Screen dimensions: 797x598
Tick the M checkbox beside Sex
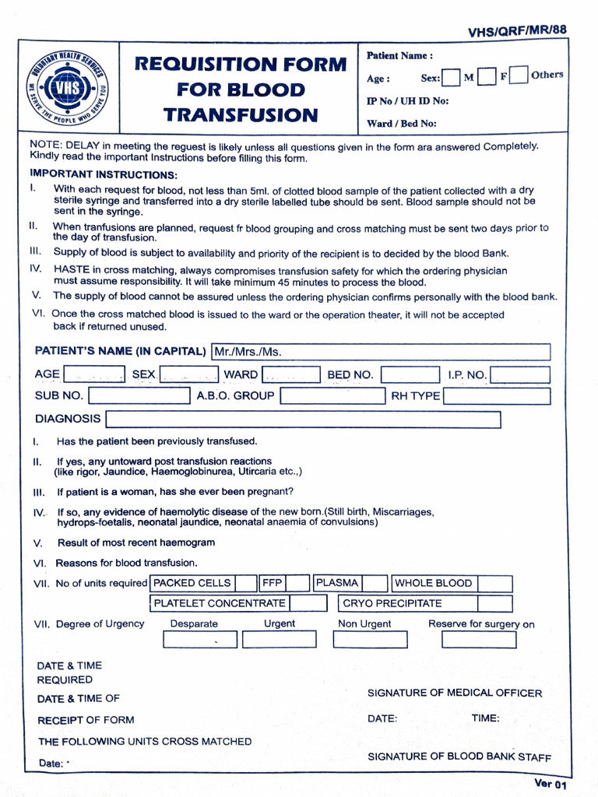[451, 78]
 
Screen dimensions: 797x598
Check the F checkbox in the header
[487, 77]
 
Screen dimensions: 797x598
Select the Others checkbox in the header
[521, 75]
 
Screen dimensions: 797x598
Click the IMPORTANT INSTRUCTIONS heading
[104, 175]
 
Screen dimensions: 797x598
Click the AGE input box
[94, 375]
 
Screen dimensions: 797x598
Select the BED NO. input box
[410, 375]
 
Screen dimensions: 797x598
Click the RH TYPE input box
[496, 396]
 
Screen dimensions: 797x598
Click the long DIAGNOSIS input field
[303, 420]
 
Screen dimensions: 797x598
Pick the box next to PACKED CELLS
[247, 584]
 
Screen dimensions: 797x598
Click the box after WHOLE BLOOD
[494, 584]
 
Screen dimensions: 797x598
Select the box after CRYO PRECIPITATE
[494, 604]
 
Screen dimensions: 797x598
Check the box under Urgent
[279, 640]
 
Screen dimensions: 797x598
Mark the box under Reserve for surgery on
[478, 640]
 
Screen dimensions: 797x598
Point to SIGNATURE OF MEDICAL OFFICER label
[454, 693]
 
